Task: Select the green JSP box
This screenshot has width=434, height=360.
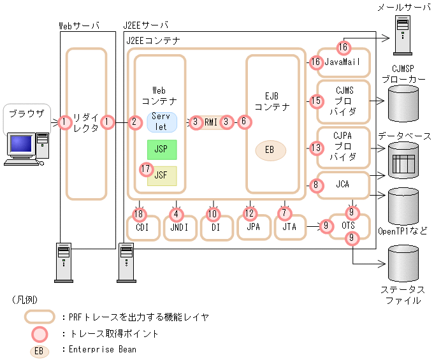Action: click(162, 150)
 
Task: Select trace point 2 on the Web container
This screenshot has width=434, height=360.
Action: click(134, 122)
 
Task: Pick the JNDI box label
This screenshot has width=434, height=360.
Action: click(179, 227)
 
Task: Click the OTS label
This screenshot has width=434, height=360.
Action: click(347, 226)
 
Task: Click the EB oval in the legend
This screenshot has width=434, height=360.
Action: click(39, 349)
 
